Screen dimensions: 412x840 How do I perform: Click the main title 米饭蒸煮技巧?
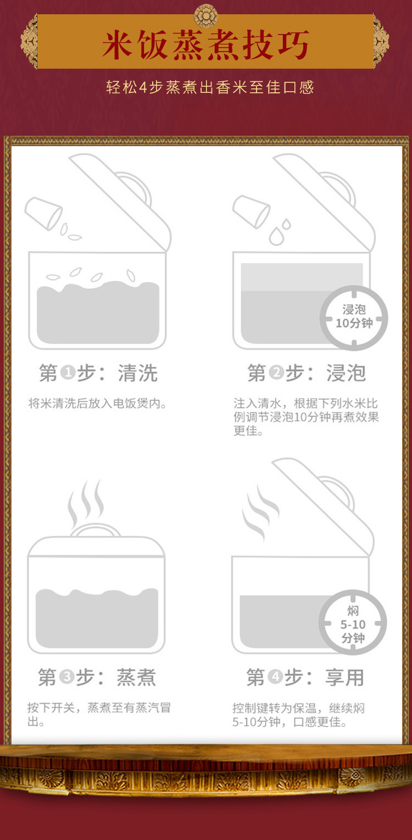[x=206, y=45]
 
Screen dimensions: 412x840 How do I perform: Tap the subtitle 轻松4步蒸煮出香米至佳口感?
[x=210, y=87]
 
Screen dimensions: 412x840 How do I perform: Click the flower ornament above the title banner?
[x=206, y=15]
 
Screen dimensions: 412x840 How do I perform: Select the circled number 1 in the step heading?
[x=68, y=372]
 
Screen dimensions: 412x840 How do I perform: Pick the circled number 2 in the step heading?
[x=276, y=372]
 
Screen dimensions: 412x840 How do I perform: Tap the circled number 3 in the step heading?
[x=67, y=677]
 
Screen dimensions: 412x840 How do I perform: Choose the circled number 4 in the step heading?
[x=276, y=677]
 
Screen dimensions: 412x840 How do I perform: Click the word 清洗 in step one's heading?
[x=137, y=372]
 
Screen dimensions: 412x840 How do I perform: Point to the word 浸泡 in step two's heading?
[x=346, y=372]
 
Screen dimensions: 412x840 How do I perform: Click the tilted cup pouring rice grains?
[x=43, y=213]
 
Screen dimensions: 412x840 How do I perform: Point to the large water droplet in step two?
[x=276, y=236]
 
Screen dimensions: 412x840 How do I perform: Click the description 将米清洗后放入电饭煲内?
[x=97, y=403]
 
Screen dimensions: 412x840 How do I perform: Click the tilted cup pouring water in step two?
[x=251, y=212]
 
